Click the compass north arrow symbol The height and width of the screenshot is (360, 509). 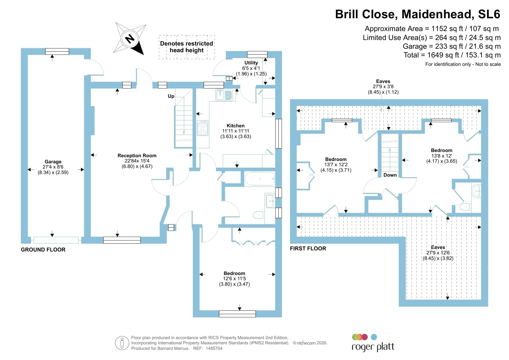pyautogui.click(x=130, y=39)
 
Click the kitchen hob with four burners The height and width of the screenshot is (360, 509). pyautogui.click(x=202, y=128)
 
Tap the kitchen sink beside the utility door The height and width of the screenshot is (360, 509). pyautogui.click(x=224, y=95)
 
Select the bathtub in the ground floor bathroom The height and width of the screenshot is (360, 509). pyautogui.click(x=260, y=179)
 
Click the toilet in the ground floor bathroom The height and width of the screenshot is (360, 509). pyautogui.click(x=258, y=215)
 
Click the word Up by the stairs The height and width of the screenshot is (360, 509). pyautogui.click(x=171, y=96)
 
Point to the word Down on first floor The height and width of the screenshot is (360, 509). pyautogui.click(x=390, y=175)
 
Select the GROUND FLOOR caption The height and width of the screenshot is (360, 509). pyautogui.click(x=43, y=249)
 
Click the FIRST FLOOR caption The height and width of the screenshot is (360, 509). pyautogui.click(x=308, y=248)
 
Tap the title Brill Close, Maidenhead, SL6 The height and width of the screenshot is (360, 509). pyautogui.click(x=418, y=14)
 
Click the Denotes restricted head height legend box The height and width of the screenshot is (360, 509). pyautogui.click(x=187, y=47)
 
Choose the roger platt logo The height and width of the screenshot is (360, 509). pyautogui.click(x=373, y=343)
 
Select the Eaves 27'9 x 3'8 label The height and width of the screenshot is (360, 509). pyautogui.click(x=383, y=87)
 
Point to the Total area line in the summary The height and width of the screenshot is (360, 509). pyautogui.click(x=452, y=55)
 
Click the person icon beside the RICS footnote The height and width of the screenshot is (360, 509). pyautogui.click(x=122, y=343)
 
